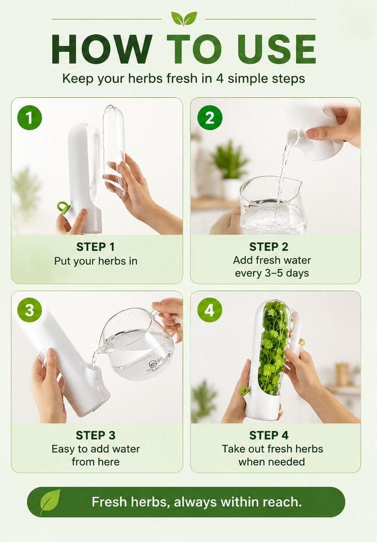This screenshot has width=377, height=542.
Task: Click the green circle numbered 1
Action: [30, 118]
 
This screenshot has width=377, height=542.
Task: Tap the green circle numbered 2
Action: [210, 118]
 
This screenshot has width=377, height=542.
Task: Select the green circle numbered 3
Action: [30, 310]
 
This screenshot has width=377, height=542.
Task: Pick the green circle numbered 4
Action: [210, 310]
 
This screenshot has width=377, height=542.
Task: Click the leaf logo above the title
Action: [184, 19]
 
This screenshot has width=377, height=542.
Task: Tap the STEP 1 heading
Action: [95, 247]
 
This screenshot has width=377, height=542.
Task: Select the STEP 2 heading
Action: [269, 247]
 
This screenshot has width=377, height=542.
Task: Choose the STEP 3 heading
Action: [95, 435]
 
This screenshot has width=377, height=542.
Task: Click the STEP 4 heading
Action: [269, 435]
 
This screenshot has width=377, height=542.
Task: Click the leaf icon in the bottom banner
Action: [50, 502]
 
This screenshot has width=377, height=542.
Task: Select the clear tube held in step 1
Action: [114, 150]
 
